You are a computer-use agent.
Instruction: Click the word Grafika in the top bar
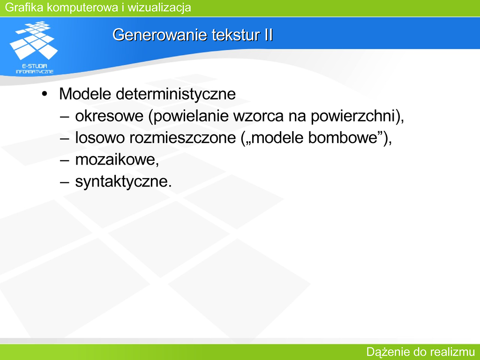(x=24, y=7)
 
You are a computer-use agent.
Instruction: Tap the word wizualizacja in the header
(x=159, y=7)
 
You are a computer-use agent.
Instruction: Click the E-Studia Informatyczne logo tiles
(x=33, y=40)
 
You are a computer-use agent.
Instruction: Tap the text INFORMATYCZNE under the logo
(x=35, y=72)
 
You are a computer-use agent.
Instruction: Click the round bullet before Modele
(x=45, y=94)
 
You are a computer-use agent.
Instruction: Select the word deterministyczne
(x=176, y=94)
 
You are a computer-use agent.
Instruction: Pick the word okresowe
(x=109, y=116)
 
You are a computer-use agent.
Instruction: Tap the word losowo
(x=100, y=138)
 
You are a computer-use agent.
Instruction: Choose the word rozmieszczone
(x=182, y=138)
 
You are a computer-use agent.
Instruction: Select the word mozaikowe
(x=116, y=159)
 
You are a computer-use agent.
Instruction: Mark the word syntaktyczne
(x=122, y=182)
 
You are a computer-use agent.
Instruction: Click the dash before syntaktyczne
(x=65, y=182)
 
